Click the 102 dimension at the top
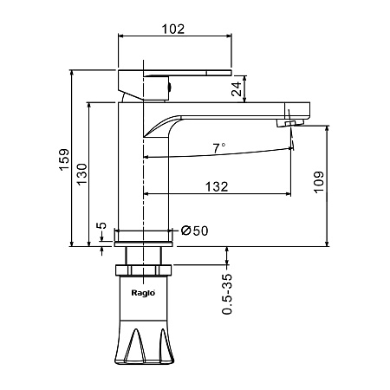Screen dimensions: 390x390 pyautogui.click(x=172, y=29)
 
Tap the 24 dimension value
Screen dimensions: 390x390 pyautogui.click(x=237, y=88)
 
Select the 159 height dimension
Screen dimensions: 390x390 pyautogui.click(x=64, y=159)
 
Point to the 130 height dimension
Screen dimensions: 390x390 pyautogui.click(x=81, y=174)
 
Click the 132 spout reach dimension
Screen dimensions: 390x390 pyautogui.click(x=217, y=186)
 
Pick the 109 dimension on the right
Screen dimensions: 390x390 pyautogui.click(x=319, y=182)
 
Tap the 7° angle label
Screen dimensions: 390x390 pyautogui.click(x=219, y=148)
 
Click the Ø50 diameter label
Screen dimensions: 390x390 pyautogui.click(x=194, y=231)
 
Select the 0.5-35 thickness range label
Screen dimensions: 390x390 pyautogui.click(x=227, y=294)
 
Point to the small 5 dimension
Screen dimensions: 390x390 pyautogui.click(x=101, y=225)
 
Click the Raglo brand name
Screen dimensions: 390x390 pyautogui.click(x=143, y=293)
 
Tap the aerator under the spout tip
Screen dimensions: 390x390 pyautogui.click(x=289, y=123)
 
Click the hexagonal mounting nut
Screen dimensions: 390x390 pyautogui.click(x=144, y=270)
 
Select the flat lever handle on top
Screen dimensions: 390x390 pyautogui.click(x=175, y=73)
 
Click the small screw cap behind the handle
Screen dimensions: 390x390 pyautogui.click(x=170, y=87)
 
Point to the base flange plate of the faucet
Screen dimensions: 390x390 pyautogui.click(x=144, y=244)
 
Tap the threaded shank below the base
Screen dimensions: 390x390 pyautogui.click(x=143, y=256)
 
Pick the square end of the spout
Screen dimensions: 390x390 pyautogui.click(x=297, y=111)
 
